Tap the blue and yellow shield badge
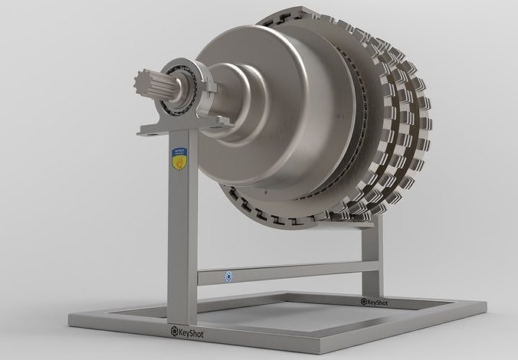[x=179, y=159]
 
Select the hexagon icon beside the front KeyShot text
[x=165, y=333]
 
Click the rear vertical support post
[x=371, y=257]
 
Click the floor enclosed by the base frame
[x=291, y=314]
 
